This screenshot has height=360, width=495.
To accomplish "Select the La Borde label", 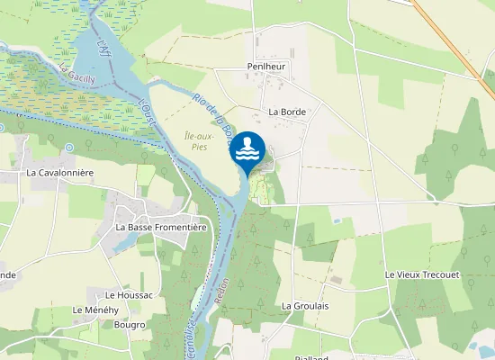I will click(287, 112).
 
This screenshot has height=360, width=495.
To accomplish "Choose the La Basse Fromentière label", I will click(161, 228).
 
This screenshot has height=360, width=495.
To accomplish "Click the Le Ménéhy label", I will click(95, 310).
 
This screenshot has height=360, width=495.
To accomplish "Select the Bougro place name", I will click(130, 325).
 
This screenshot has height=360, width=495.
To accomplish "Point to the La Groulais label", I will click(304, 306).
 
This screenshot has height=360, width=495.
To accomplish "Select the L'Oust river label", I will click(148, 116).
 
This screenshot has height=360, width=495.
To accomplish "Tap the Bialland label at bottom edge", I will click(310, 356).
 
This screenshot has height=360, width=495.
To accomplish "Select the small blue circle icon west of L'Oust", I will click(68, 147).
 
